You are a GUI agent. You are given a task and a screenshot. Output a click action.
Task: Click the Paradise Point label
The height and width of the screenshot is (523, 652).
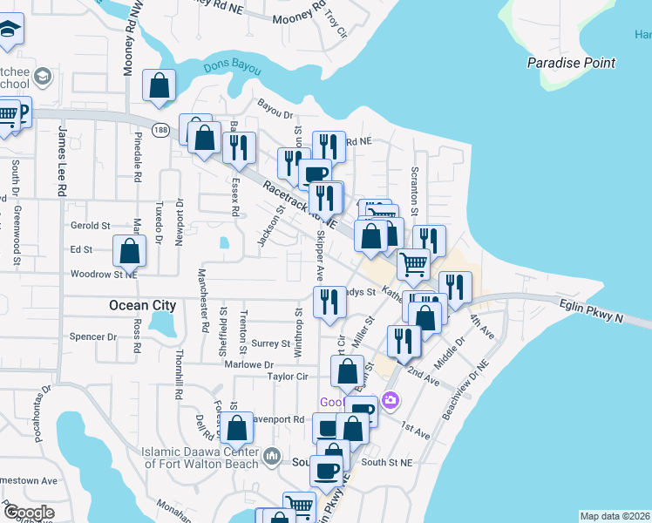(571, 63)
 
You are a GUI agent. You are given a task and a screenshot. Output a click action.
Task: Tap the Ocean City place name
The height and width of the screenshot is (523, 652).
(142, 305)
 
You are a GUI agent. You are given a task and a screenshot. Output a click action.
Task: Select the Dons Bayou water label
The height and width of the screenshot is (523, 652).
(228, 66)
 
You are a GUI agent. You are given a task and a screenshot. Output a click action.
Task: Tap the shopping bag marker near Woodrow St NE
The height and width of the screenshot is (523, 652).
(130, 251)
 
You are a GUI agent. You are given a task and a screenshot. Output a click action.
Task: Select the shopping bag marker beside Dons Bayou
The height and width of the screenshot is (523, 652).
(160, 85)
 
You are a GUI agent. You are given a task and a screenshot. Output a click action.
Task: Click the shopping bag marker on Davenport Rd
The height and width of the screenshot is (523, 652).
(236, 427)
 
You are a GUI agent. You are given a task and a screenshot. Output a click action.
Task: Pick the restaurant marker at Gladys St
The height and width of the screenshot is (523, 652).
(328, 302)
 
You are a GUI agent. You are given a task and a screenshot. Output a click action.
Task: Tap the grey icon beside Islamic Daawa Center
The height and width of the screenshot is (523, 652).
(272, 456)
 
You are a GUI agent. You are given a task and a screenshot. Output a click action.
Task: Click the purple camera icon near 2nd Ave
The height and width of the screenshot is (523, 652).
(390, 400)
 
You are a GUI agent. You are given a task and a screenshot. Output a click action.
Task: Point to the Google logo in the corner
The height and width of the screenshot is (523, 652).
(28, 512)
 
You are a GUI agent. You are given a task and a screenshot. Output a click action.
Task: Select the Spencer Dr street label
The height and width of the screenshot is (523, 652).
(93, 336)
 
